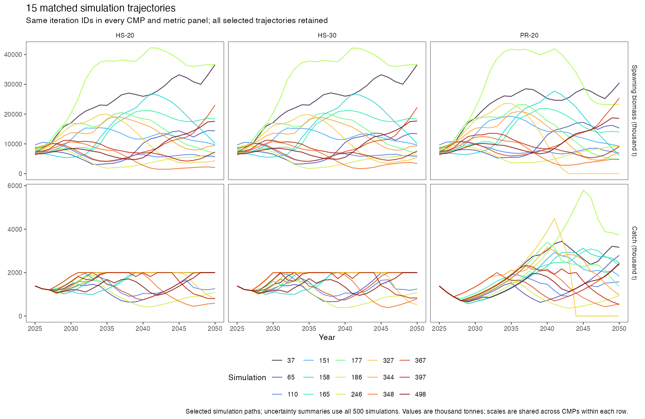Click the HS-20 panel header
click(125, 35)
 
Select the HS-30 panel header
click(327, 35)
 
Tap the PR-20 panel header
click(529, 35)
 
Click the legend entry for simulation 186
click(351, 377)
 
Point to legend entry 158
click(318, 377)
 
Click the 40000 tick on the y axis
click(13, 55)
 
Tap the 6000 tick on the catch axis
click(15, 186)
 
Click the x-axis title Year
click(327, 337)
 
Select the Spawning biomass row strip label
click(634, 111)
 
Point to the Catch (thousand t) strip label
click(634, 253)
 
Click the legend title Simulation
click(247, 378)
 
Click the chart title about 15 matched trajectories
click(101, 8)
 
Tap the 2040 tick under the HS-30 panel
click(345, 329)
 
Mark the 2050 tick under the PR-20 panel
click(619, 329)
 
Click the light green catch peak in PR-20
click(583, 190)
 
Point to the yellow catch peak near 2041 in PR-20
click(554, 218)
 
